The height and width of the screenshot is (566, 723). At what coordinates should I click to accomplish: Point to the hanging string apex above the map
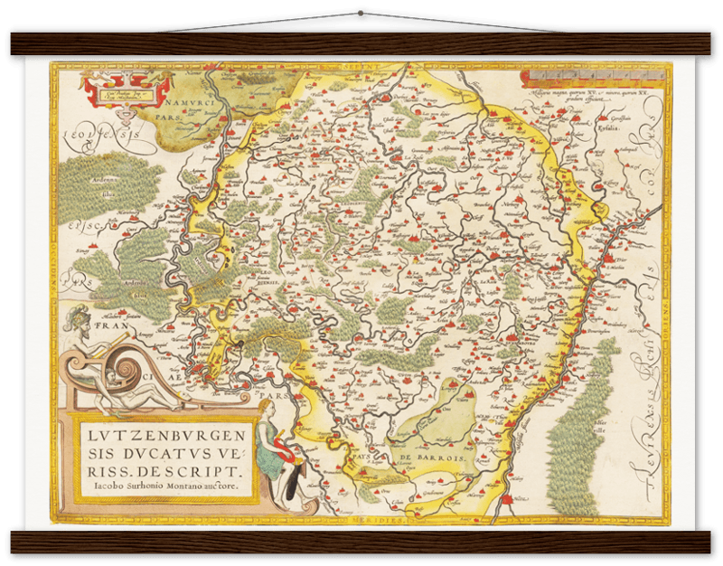coord(361,4)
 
